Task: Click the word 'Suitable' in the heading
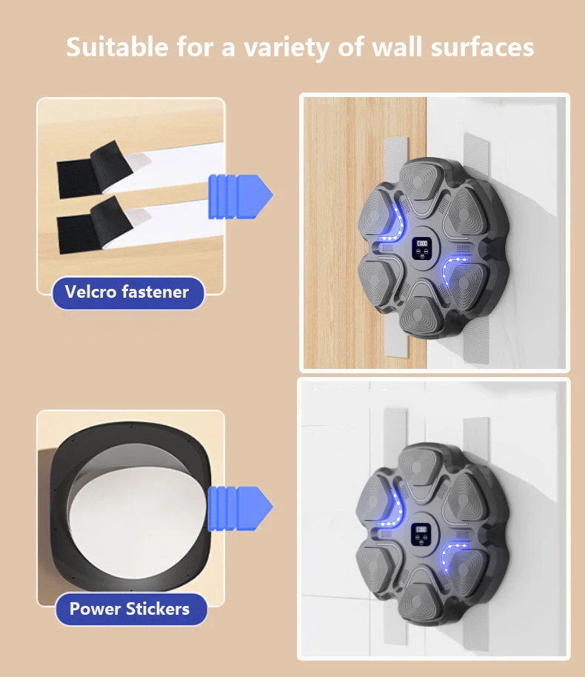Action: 117,47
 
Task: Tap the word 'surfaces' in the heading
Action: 482,47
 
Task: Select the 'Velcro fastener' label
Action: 127,293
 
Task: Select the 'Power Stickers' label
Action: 130,609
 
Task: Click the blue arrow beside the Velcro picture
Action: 240,196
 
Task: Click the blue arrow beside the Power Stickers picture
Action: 240,508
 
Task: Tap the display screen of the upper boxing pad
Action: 421,248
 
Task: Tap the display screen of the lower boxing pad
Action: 421,533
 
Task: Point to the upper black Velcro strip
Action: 94,169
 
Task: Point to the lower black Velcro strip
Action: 94,225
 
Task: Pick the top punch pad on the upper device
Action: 418,181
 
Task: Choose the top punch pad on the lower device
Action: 417,467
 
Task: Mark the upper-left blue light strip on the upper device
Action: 395,224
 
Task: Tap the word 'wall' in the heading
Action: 396,47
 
